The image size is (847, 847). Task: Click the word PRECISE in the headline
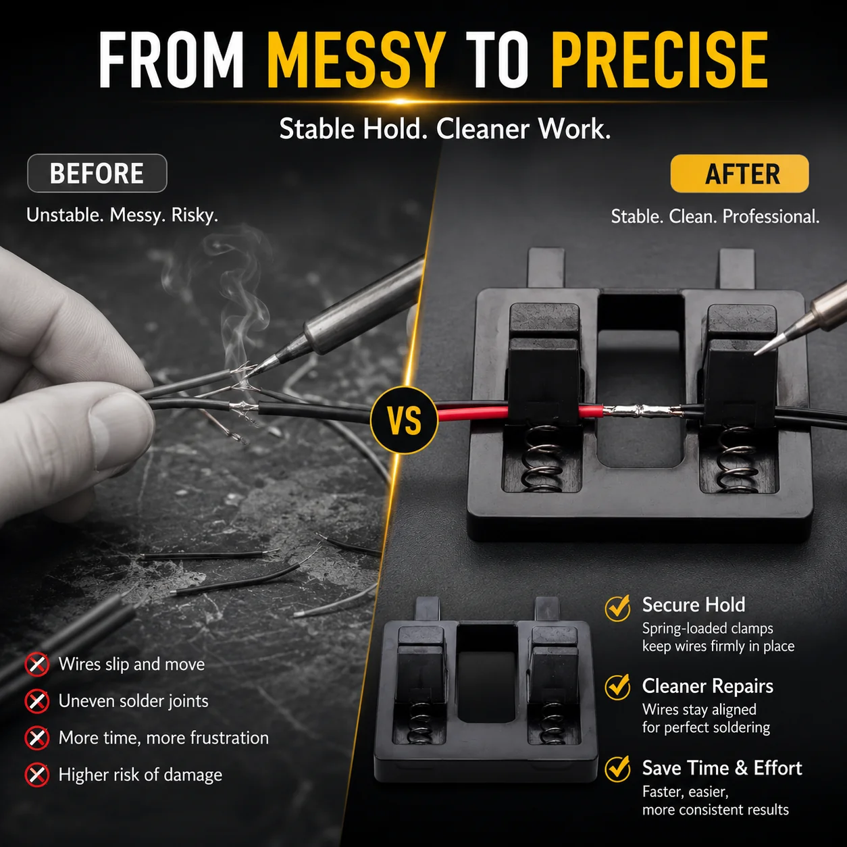(660, 60)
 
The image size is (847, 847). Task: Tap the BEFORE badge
(97, 173)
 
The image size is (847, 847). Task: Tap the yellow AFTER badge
(740, 174)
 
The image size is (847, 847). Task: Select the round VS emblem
(405, 420)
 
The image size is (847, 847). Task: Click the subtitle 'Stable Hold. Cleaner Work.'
(445, 129)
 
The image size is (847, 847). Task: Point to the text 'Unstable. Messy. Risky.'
(122, 215)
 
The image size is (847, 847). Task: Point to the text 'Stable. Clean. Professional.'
(715, 217)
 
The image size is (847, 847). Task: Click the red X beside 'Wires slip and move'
(37, 664)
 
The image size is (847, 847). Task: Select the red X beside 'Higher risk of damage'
(37, 775)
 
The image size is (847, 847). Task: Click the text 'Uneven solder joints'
(134, 701)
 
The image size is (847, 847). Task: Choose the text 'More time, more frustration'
(163, 738)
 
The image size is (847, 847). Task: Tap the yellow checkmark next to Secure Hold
(618, 608)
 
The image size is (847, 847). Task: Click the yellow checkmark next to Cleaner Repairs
(618, 687)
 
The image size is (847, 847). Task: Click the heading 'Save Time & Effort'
(722, 768)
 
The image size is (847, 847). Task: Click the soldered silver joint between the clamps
(642, 411)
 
